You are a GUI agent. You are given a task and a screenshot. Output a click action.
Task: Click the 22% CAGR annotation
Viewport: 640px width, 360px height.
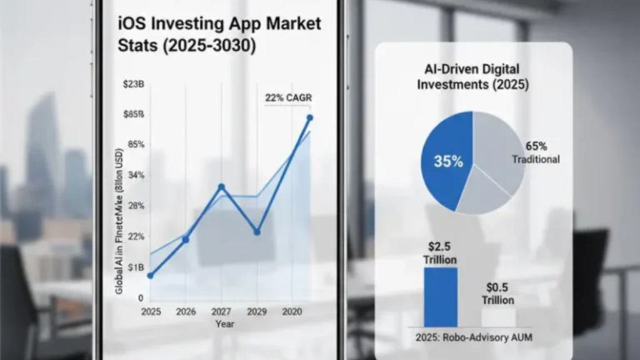(289, 97)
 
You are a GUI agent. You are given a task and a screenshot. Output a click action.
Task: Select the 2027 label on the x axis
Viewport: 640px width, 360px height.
(221, 311)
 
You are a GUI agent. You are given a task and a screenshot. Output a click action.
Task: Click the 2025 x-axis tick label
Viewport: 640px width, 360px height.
(151, 311)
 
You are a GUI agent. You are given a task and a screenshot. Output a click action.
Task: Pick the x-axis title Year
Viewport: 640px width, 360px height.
(226, 324)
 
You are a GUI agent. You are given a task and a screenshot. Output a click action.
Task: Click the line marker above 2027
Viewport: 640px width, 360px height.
(221, 187)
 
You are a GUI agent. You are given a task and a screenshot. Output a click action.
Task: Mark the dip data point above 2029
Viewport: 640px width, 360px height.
(256, 232)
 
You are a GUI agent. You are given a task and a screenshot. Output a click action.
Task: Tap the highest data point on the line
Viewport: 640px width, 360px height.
(309, 117)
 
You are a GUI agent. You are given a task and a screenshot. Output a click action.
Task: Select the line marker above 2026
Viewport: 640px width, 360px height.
(186, 240)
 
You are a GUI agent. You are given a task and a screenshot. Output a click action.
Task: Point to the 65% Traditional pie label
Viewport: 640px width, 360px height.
(536, 152)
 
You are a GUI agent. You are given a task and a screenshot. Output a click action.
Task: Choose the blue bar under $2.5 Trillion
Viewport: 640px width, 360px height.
(441, 297)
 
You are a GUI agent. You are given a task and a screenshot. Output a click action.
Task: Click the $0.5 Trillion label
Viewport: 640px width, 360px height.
(497, 294)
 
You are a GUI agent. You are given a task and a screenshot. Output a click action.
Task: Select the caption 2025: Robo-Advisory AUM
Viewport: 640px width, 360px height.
(472, 337)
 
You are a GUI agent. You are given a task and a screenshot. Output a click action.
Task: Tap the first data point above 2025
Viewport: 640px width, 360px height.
(150, 276)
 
